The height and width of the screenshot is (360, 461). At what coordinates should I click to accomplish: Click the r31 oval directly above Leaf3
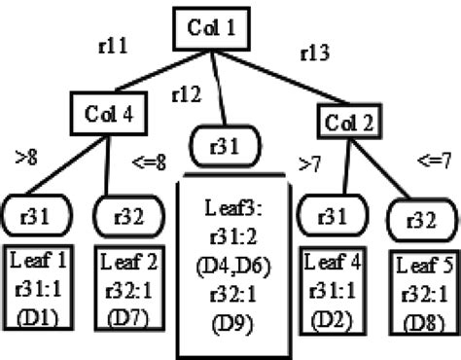[x=230, y=147]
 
